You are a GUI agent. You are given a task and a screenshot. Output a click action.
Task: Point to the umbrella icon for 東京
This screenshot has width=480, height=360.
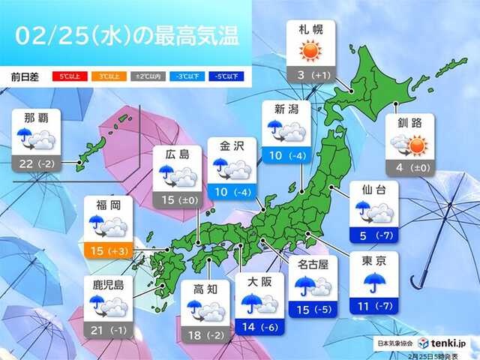click(x=376, y=283)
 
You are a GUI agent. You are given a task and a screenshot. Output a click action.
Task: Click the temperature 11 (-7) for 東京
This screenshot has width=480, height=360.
click(x=376, y=306)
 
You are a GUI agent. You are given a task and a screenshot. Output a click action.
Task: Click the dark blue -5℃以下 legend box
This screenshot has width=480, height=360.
click(x=222, y=76)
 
